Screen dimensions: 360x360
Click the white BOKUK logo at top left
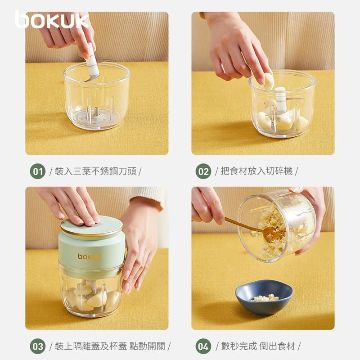(x=52, y=20)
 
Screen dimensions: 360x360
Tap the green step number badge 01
(x=37, y=171)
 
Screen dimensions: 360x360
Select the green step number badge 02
(x=203, y=171)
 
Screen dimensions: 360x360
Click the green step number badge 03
(x=37, y=346)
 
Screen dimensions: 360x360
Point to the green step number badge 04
(x=203, y=346)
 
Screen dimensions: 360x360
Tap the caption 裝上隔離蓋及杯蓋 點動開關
(x=110, y=346)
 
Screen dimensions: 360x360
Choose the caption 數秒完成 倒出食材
(x=257, y=346)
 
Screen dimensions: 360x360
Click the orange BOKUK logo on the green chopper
(x=89, y=256)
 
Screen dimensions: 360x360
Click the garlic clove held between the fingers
(x=268, y=81)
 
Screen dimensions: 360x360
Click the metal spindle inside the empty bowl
(x=96, y=111)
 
